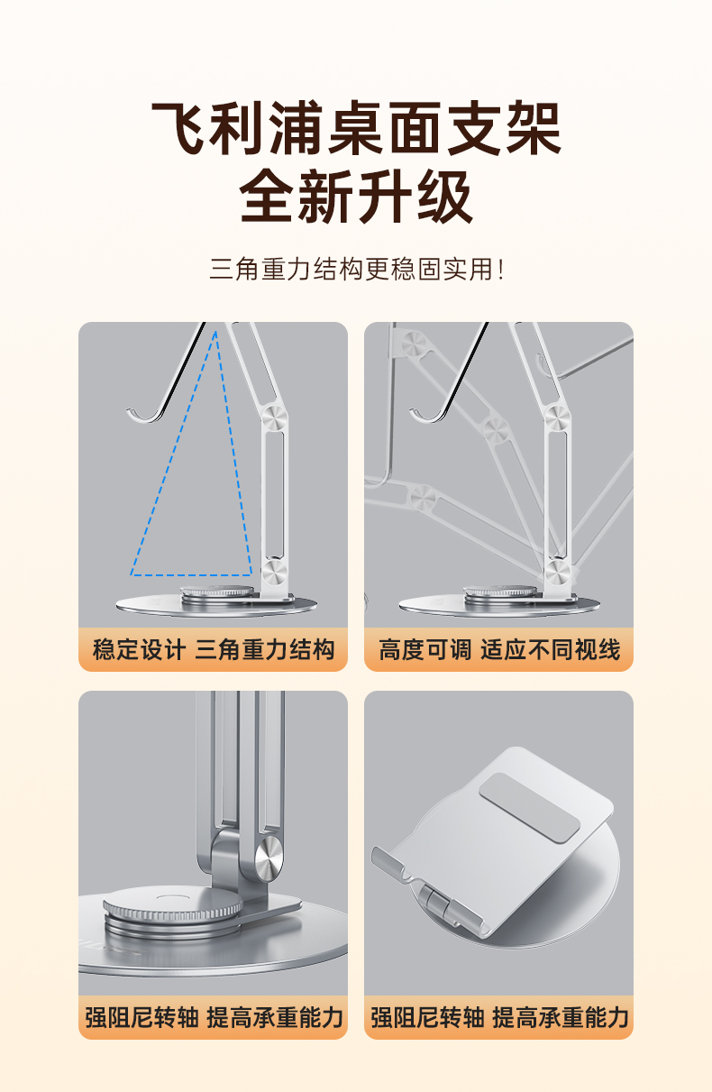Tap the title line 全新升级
click(x=356, y=197)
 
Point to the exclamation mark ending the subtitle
click(x=501, y=269)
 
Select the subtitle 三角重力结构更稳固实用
click(x=351, y=269)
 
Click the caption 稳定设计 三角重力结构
click(x=214, y=649)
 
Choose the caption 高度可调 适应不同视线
click(x=499, y=649)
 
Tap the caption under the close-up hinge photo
click(x=214, y=1017)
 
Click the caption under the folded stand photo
click(x=499, y=1017)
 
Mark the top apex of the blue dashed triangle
click(x=215, y=331)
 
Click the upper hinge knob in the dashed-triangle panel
click(x=274, y=418)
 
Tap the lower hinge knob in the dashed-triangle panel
click(x=274, y=572)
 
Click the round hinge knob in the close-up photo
click(x=269, y=859)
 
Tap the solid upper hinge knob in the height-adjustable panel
click(x=557, y=418)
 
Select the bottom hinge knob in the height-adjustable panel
click(x=557, y=572)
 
